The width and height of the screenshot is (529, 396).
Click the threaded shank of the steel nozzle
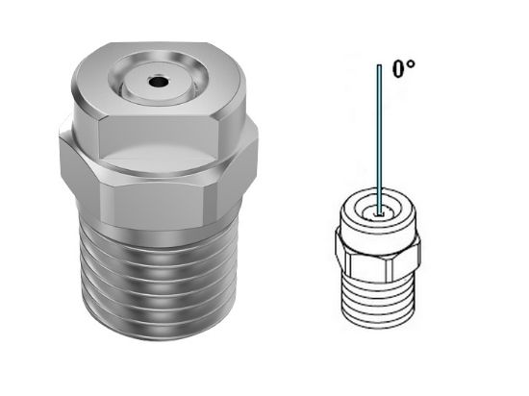tap(160, 288)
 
